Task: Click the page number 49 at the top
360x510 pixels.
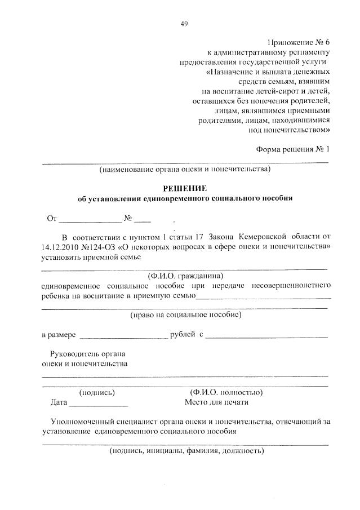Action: coord(184,23)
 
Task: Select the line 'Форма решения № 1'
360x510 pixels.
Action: coord(292,149)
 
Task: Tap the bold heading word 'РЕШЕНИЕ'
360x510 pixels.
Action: coord(185,188)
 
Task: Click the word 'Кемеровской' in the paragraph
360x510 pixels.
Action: coord(263,236)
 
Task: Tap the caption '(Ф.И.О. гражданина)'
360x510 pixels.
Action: coord(185,276)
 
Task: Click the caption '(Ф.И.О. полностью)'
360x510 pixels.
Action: coord(226,392)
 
